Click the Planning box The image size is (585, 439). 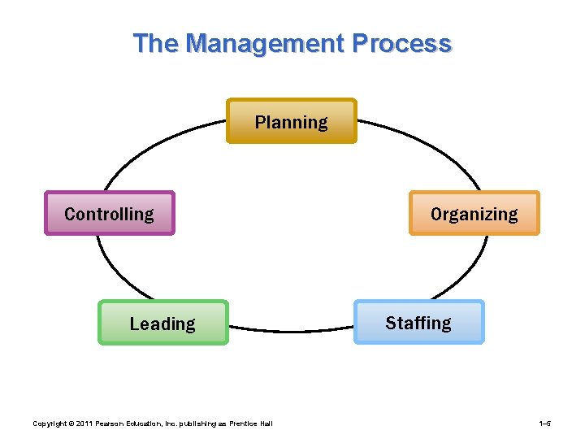point(291,121)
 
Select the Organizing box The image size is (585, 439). point(474,213)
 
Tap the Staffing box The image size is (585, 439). point(418,322)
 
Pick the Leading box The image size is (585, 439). point(162,323)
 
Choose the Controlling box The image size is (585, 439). point(109,213)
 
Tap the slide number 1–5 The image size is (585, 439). point(545,424)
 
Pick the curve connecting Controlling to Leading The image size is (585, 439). point(110,272)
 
